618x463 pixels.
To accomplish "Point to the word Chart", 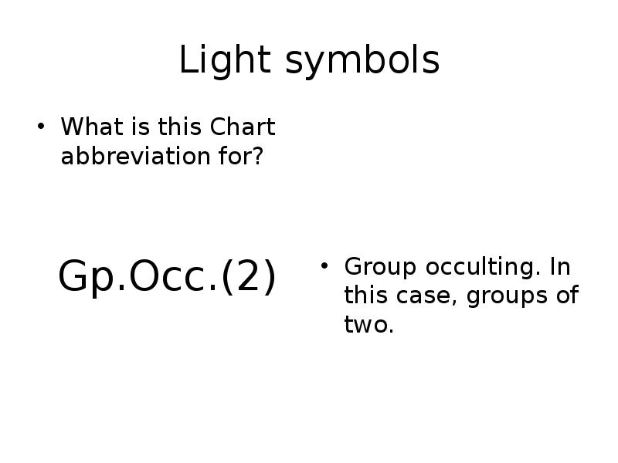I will (243, 127).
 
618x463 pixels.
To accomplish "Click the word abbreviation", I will (131, 156).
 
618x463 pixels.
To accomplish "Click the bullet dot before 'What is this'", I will (42, 127).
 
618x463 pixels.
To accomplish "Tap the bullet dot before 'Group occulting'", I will (325, 267).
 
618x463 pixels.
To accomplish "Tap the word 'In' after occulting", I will (560, 267).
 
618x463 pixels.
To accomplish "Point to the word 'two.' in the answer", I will (369, 325).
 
